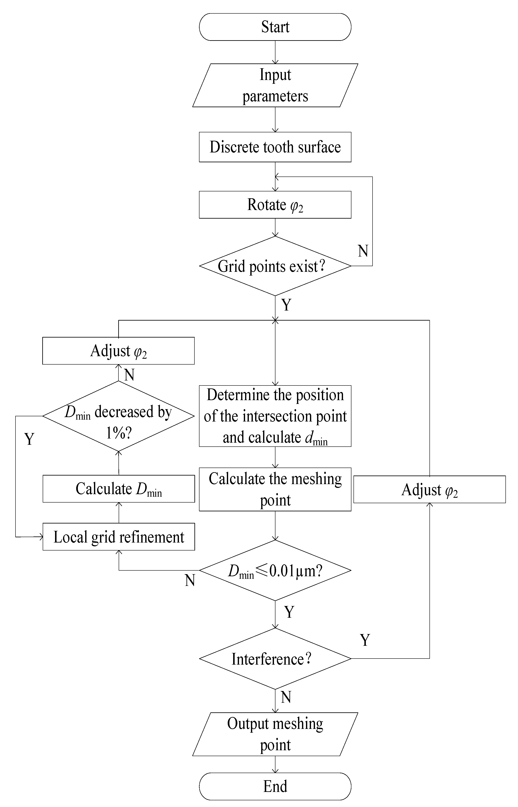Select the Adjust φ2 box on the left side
(x=118, y=351)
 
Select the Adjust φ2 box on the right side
(x=429, y=490)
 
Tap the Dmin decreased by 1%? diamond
(x=118, y=416)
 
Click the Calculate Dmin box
(x=118, y=489)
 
